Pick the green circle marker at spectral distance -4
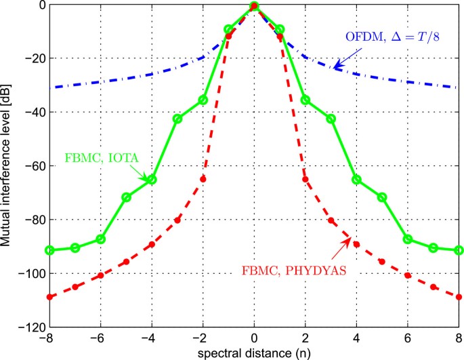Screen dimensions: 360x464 152,180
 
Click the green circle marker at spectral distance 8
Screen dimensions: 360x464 459,250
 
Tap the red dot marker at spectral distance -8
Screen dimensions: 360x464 49,297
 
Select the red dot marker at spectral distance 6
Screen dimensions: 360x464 408,275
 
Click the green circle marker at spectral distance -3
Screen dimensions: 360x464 177,119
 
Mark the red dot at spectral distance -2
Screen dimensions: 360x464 203,179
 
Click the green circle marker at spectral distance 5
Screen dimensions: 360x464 382,197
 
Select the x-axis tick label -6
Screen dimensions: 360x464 99,338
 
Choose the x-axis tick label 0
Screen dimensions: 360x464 254,338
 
